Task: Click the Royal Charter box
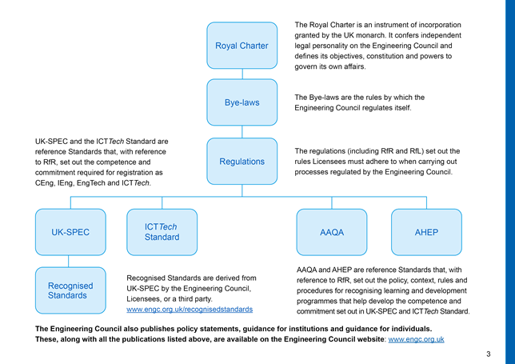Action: click(x=242, y=46)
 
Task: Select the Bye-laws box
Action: click(x=242, y=102)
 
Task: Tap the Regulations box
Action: click(x=242, y=161)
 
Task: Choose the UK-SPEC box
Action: click(x=70, y=232)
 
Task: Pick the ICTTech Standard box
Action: click(x=162, y=232)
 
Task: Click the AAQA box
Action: click(x=331, y=232)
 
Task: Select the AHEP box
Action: click(x=426, y=232)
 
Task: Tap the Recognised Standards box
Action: click(x=70, y=290)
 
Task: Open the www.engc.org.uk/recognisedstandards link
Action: click(x=190, y=309)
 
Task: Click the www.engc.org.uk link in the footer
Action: click(x=416, y=339)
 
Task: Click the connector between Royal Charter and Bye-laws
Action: click(x=242, y=74)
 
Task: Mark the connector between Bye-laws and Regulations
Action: click(x=242, y=132)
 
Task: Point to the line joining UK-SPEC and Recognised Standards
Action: click(x=70, y=262)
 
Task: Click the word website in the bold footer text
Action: click(x=367, y=339)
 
